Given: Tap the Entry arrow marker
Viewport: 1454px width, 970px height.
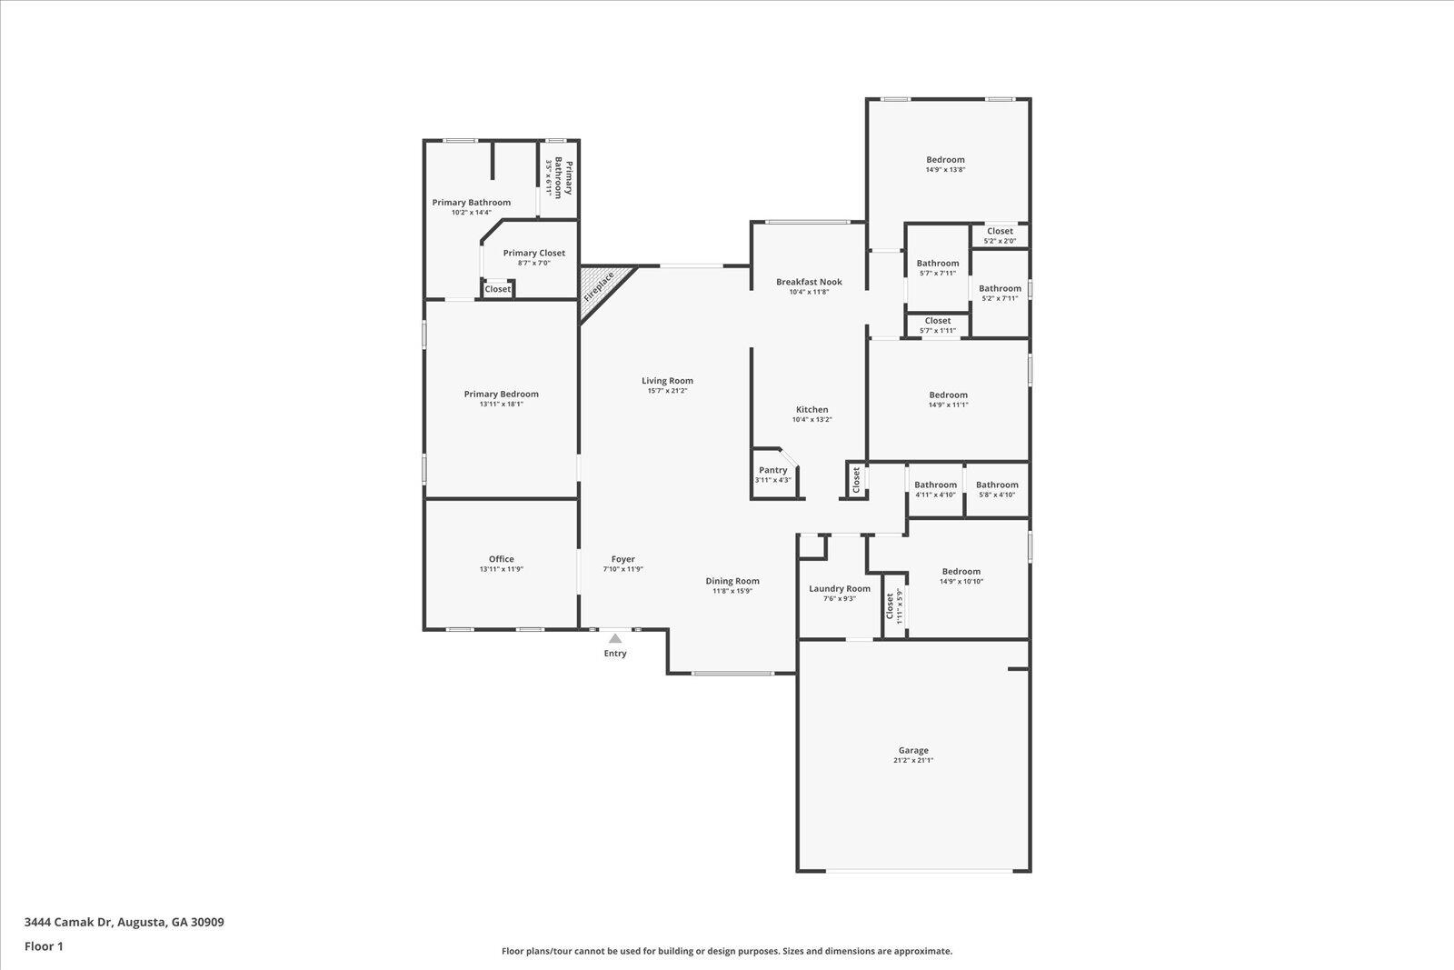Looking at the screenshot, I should pos(615,639).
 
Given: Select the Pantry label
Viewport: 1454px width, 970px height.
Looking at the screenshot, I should pos(773,470).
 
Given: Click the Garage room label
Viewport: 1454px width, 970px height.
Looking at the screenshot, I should pos(913,751).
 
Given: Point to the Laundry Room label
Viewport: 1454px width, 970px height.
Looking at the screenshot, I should pos(840,588).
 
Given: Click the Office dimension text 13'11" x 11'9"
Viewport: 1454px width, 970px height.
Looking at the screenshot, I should pos(502,569).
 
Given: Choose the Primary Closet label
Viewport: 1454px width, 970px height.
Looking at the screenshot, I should pos(534,254).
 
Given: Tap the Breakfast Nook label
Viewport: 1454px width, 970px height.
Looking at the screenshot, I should pos(809,282).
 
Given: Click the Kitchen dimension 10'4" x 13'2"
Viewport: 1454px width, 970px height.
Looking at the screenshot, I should pos(812,420).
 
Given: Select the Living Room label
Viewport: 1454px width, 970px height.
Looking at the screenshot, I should pos(667,381).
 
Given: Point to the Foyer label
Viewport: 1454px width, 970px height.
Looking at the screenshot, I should pos(623,559).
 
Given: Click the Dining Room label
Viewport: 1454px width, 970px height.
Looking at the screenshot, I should pos(732,581).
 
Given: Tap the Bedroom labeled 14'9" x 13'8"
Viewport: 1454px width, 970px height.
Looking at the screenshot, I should pos(945,160).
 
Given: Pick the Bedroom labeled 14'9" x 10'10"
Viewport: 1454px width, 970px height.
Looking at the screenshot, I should pos(961,572).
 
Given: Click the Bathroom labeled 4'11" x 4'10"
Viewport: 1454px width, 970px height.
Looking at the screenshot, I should pos(935,485).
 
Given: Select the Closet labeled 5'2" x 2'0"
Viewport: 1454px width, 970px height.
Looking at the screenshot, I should pos(1000,232).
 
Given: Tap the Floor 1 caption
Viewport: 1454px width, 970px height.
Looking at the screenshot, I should pos(44,946).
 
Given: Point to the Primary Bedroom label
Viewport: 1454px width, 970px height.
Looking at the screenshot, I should pos(502,394).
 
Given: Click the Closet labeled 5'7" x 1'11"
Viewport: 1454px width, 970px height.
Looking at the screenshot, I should pos(938,321).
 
